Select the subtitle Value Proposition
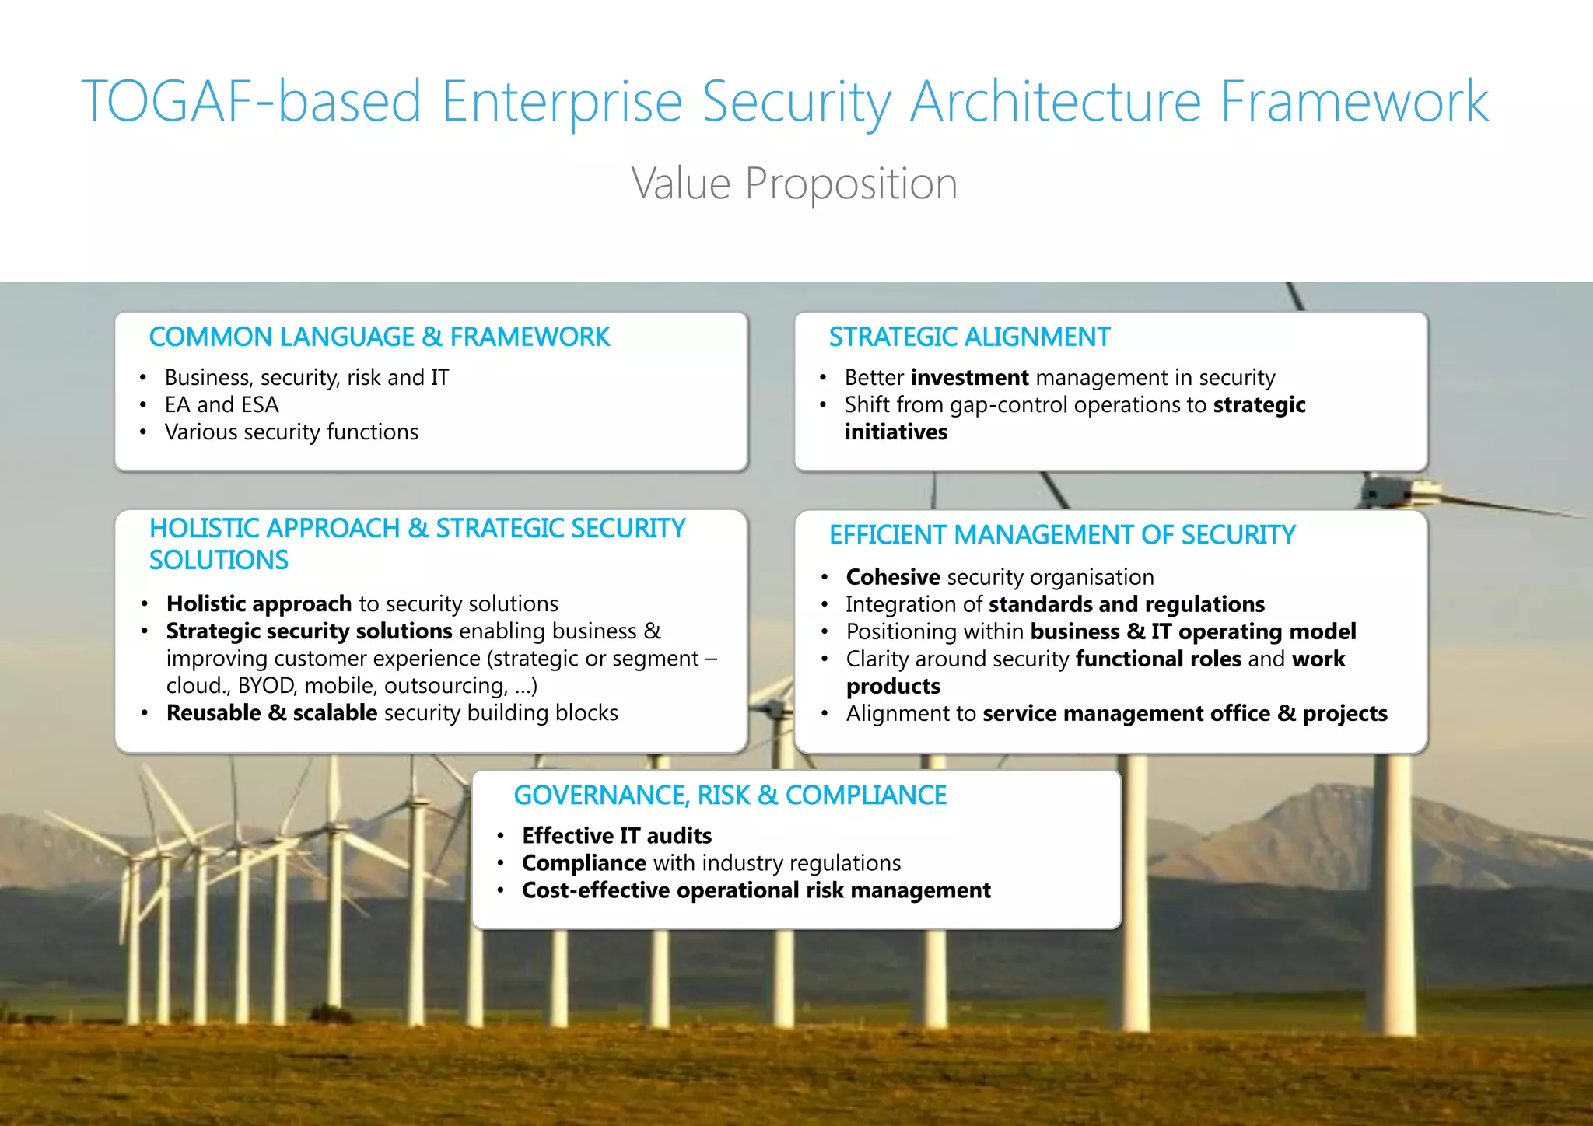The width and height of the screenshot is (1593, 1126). [794, 184]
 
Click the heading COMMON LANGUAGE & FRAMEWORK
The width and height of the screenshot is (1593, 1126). [379, 337]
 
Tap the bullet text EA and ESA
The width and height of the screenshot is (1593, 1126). [222, 404]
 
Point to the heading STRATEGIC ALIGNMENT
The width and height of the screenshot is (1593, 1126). [969, 337]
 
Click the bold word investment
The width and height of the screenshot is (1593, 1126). [969, 377]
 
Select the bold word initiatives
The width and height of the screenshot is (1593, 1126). [896, 432]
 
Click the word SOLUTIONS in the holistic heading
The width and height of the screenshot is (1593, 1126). [219, 560]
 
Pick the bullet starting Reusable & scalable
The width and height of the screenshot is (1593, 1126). [392, 712]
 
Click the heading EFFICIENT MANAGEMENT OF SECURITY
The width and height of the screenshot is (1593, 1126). [1062, 535]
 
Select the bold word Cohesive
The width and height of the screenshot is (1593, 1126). [893, 577]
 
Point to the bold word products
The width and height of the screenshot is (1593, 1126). [893, 686]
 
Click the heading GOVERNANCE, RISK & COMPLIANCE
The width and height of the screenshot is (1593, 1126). [730, 795]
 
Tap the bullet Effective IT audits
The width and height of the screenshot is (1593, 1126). [617, 835]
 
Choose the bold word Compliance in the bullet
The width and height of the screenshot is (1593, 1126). [584, 863]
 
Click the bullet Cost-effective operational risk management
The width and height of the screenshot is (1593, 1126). [756, 890]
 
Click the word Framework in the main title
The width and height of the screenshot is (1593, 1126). [1353, 101]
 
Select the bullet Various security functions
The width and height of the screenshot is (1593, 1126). [292, 432]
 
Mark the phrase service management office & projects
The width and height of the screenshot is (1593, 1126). [1185, 713]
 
